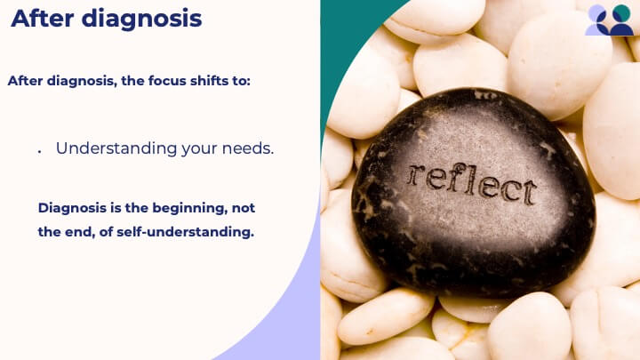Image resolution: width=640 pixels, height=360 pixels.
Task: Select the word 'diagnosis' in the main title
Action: coord(141,20)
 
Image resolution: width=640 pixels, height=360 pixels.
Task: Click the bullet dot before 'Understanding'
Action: coord(40,152)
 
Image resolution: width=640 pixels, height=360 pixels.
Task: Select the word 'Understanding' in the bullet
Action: coord(116,149)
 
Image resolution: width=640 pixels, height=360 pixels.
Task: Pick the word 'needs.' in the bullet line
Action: coord(248,148)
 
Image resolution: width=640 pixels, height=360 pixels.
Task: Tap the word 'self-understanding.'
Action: coord(185,232)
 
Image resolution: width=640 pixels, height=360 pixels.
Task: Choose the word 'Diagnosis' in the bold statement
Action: coord(72,209)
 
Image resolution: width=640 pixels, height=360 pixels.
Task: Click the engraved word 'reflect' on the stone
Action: coord(471,183)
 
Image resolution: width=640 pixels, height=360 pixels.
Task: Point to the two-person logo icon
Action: coord(609,20)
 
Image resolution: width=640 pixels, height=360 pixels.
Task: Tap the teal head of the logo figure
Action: coord(621,12)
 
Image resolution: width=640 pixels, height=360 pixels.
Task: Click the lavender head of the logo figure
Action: coord(596,12)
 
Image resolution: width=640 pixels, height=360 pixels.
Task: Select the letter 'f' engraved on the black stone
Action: coord(453,178)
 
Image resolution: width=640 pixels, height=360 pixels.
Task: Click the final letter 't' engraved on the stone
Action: coord(529,192)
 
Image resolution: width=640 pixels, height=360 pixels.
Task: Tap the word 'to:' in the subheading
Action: coord(241,81)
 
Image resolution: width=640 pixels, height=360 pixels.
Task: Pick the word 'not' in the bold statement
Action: coord(244,208)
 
